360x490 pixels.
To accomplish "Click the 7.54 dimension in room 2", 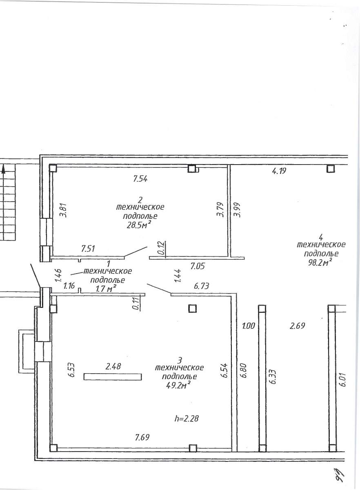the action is (x=140, y=179).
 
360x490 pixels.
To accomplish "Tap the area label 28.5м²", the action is (x=139, y=225).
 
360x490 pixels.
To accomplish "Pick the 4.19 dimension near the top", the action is (x=279, y=170).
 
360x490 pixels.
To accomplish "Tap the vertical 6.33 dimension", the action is (x=273, y=376).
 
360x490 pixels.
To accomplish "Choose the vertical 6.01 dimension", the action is (x=343, y=379).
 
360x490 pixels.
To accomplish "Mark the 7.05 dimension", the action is (x=198, y=266).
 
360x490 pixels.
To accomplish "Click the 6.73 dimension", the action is (x=202, y=286).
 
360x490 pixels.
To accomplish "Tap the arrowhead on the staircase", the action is (x=3, y=169).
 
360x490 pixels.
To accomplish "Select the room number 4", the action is (x=321, y=237).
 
